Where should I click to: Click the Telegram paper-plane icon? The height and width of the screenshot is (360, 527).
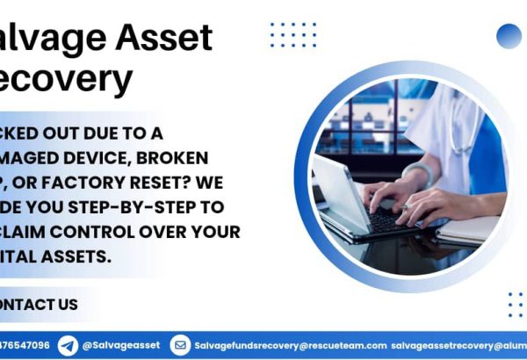68,345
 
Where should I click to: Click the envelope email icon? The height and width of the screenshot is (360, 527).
180,345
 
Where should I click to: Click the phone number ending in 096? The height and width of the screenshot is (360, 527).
25,346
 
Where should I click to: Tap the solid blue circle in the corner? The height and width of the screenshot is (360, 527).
509,35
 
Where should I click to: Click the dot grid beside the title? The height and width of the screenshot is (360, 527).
292,35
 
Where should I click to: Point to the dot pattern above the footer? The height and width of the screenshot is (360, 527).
515,305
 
